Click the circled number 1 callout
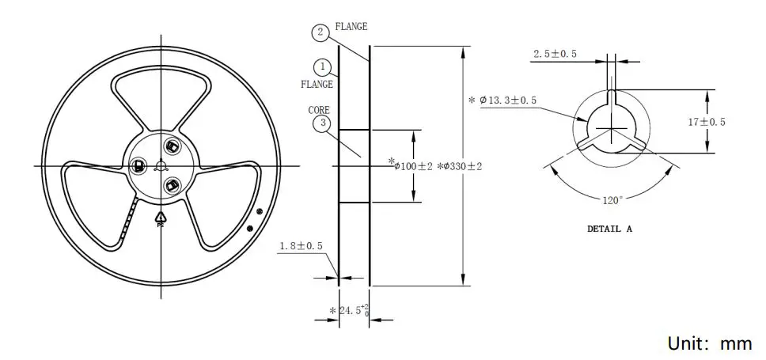pos(322,66)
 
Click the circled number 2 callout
pos(319,32)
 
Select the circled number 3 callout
pos(321,123)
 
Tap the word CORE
pos(319,110)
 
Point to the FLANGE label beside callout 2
pos(351,27)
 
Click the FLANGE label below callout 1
pos(317,83)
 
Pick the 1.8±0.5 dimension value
pos(301,247)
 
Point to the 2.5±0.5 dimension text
pos(555,54)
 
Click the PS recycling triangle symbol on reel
pos(160,218)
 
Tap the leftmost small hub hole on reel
pos(138,166)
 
